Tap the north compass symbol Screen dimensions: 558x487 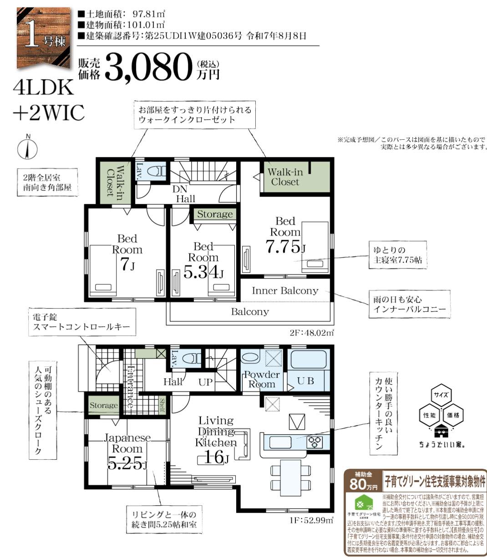[x=28, y=148]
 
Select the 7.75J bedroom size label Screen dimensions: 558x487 [x=285, y=246]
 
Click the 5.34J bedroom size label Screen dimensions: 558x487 [x=203, y=272]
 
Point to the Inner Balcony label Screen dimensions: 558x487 [x=285, y=290]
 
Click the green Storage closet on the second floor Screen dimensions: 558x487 [x=214, y=214]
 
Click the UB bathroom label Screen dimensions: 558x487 [x=305, y=380]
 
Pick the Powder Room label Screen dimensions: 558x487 [x=261, y=379]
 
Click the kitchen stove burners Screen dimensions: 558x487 [x=315, y=441]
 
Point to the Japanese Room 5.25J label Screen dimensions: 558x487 [x=127, y=451]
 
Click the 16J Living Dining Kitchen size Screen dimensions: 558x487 [x=214, y=457]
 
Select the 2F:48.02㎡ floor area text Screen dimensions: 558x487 [x=311, y=333]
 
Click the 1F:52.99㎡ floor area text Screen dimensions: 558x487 [x=311, y=519]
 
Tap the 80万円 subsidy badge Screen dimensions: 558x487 [x=363, y=482]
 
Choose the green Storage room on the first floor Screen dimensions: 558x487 [x=103, y=406]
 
